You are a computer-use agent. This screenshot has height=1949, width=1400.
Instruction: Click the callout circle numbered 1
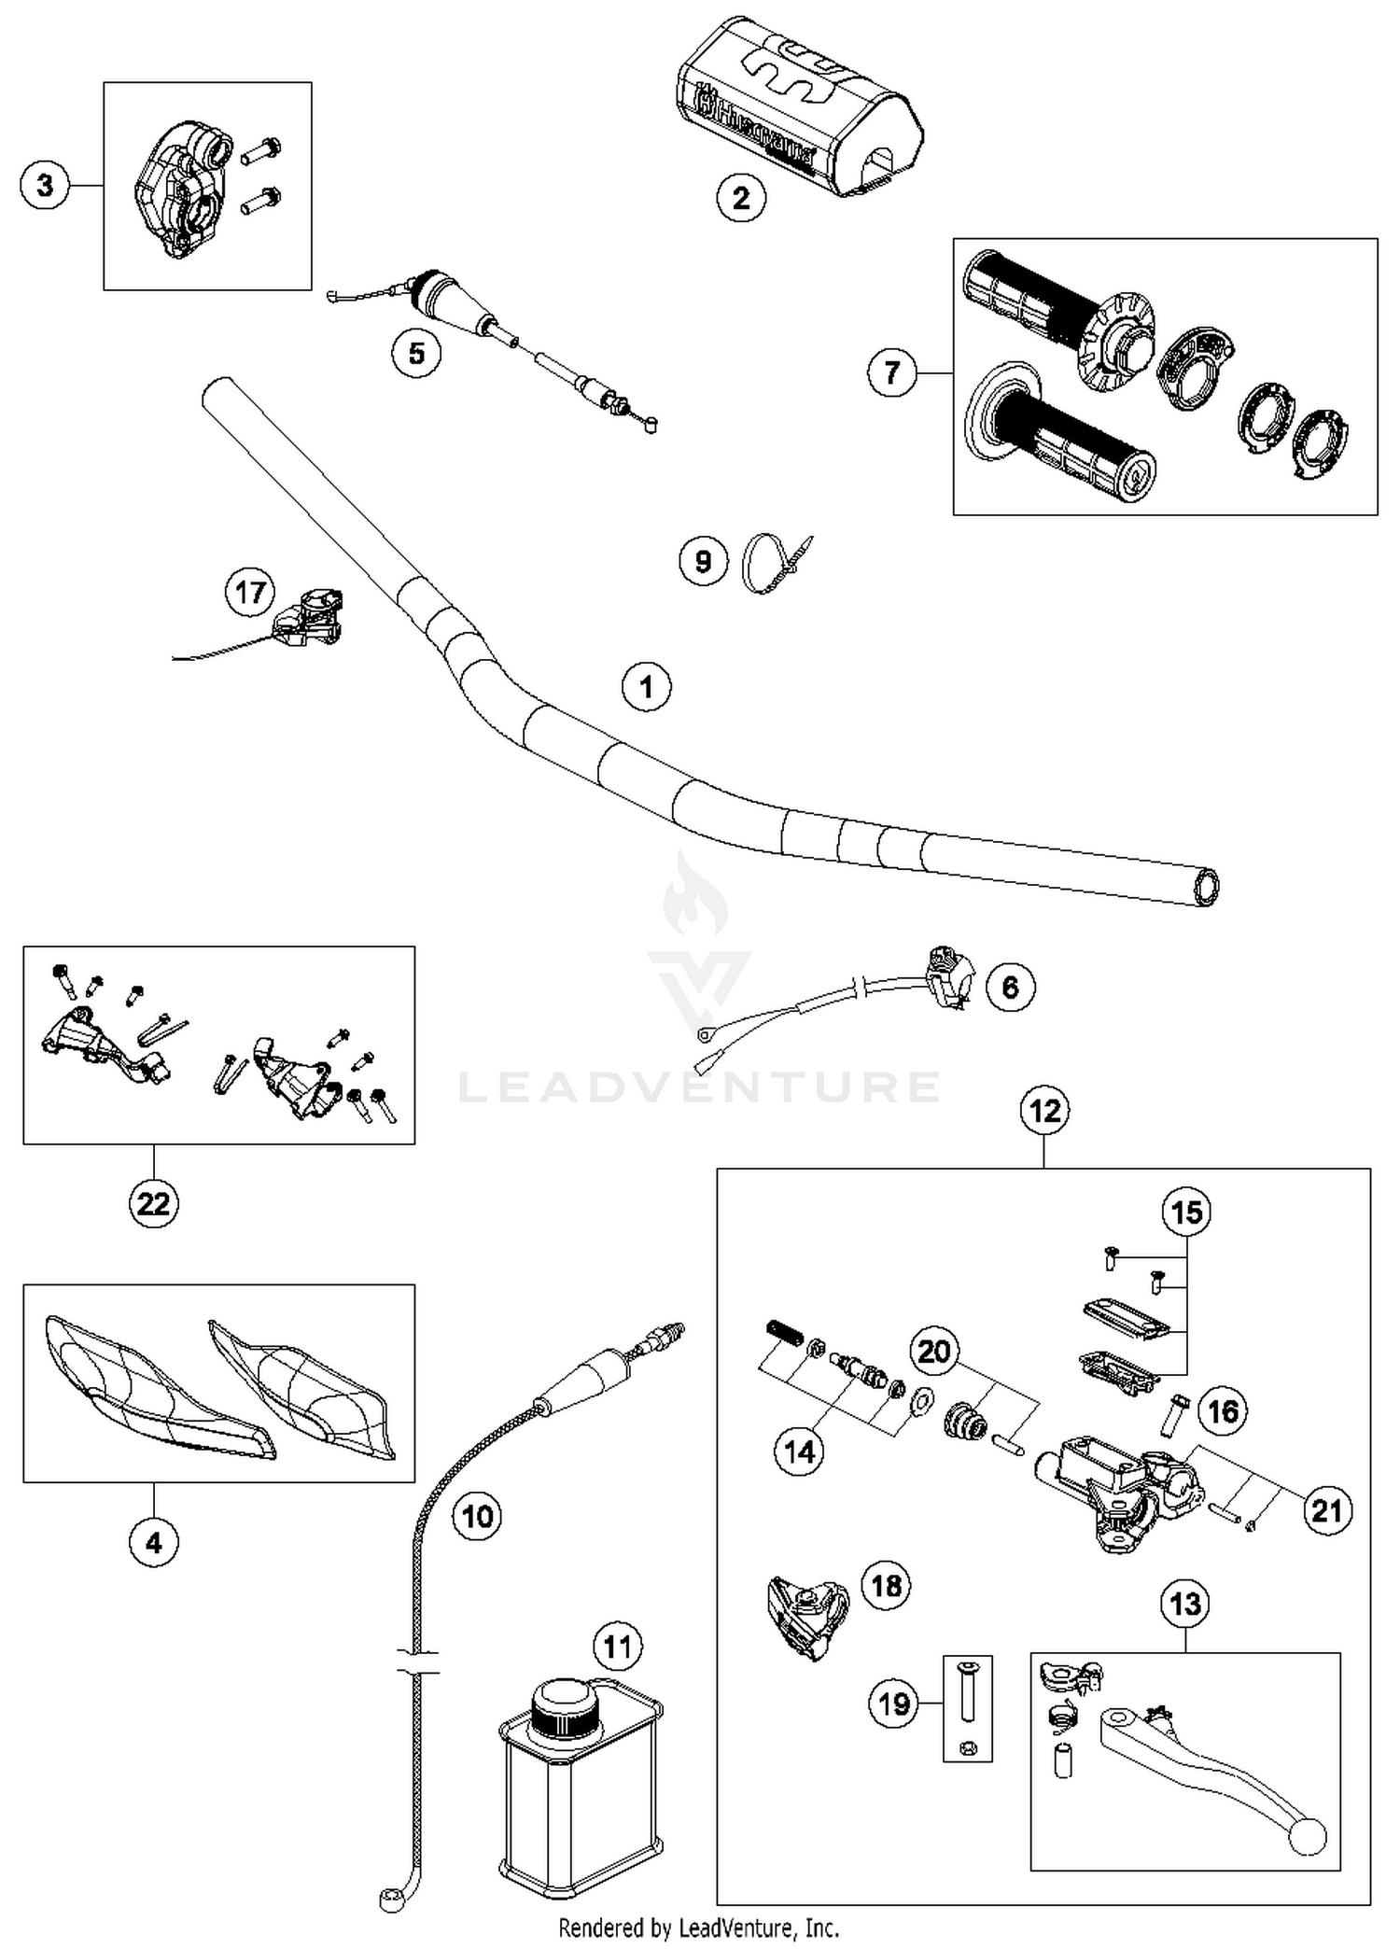[x=646, y=687]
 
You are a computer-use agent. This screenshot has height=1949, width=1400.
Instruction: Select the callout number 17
[x=250, y=592]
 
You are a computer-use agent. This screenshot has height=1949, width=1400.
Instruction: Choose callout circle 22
[x=153, y=1203]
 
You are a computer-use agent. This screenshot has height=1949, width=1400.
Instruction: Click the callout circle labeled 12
[x=1044, y=1111]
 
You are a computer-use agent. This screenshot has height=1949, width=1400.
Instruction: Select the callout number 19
[x=893, y=1704]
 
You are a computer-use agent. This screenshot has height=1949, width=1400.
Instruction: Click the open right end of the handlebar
[x=1206, y=887]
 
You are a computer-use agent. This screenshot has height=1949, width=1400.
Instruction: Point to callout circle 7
[x=891, y=373]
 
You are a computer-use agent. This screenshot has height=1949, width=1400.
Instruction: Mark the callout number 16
[x=1223, y=1410]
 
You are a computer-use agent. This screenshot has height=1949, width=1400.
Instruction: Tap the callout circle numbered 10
[x=477, y=1516]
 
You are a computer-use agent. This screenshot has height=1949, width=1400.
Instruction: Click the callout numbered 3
[x=45, y=185]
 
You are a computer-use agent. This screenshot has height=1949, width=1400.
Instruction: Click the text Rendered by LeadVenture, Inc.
[x=698, y=1927]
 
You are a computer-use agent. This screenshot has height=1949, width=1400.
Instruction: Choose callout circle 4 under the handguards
[x=153, y=1542]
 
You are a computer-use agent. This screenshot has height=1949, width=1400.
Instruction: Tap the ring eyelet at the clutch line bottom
[x=390, y=1899]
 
